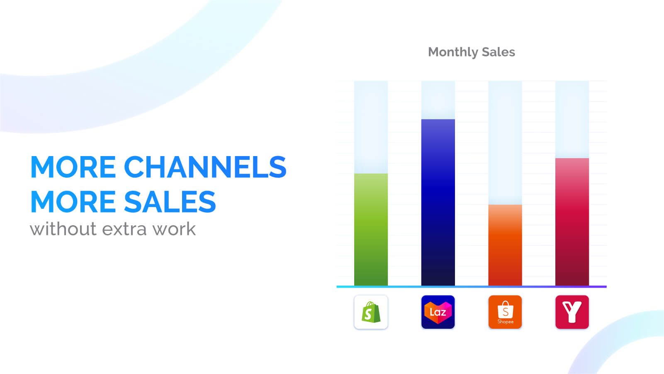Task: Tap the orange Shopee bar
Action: pos(505,245)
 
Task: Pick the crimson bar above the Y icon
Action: pos(572,222)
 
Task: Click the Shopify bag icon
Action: pos(371,312)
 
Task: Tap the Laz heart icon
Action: pos(438,312)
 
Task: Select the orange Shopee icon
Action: pos(505,312)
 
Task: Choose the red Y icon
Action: pos(572,312)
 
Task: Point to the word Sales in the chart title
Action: pos(498,52)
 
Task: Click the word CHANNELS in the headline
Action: pos(205,167)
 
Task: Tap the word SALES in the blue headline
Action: pos(170,202)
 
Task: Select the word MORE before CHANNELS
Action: pos(73,167)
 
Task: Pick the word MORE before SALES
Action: pos(73,202)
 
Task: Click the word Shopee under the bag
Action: pos(505,322)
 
